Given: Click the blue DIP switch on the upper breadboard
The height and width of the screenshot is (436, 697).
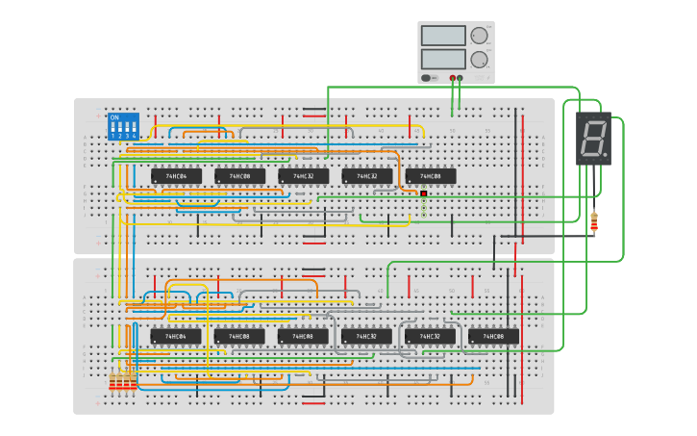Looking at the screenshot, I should pos(123,126).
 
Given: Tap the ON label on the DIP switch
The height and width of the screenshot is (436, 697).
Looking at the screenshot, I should pos(114,117).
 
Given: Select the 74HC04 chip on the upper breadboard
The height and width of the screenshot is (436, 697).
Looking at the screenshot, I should pos(176,176).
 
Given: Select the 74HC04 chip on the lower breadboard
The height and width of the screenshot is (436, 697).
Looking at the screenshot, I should pos(176,336).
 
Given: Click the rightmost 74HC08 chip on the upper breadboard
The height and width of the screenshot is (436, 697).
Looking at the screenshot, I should pos(431,176).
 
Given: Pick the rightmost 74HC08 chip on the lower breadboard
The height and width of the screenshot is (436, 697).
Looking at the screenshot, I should pos(494,336).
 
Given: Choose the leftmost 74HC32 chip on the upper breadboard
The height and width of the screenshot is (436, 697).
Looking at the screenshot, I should pos(303,176).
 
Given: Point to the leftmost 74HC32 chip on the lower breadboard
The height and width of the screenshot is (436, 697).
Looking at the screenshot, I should pos(366,336).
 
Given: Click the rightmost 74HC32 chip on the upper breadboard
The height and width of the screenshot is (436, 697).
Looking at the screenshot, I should pos(367,176).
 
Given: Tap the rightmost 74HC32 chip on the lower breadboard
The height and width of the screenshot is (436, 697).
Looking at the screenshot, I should pos(430,336).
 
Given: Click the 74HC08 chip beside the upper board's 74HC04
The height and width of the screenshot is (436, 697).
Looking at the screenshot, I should pos(239,176).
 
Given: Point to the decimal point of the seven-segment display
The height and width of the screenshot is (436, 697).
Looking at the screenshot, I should pos(605,156).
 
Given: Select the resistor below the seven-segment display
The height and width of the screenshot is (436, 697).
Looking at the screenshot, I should pos(593,223).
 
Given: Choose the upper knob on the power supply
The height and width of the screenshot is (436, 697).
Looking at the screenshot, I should pos(479,36).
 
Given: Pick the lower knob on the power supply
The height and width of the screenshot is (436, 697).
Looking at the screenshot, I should pos(479,59).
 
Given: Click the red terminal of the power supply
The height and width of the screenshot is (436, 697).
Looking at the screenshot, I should pos(452,77).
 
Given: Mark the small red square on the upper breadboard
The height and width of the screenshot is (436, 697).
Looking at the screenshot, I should pos(423,193).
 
